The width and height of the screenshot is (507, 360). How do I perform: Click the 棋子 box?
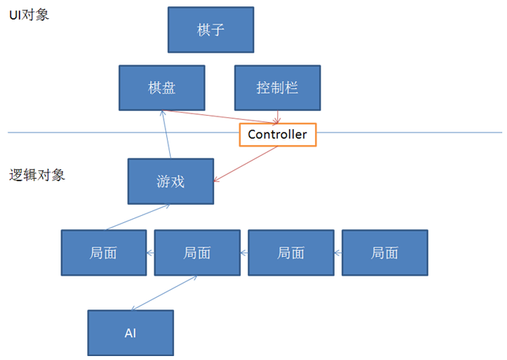coord(211,30)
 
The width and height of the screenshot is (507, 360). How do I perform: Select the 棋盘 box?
coord(161,87)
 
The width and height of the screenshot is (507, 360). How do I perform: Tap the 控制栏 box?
coord(277,87)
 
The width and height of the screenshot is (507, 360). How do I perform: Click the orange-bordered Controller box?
coord(277,135)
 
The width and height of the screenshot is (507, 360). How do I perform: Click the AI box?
coord(130,332)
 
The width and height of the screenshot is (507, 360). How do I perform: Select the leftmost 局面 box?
coord(104,253)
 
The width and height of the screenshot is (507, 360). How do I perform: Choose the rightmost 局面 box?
coord(385,253)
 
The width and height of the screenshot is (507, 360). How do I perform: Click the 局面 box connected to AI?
coord(197,253)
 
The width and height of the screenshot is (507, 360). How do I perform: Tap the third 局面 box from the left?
coord(291,253)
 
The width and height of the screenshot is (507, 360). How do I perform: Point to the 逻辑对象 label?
coord(37,174)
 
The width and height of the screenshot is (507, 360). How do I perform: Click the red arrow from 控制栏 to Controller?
coord(278,117)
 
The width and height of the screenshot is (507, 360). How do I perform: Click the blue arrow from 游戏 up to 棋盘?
coord(166,134)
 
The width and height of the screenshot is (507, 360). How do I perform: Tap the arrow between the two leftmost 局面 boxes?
coord(150,253)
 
